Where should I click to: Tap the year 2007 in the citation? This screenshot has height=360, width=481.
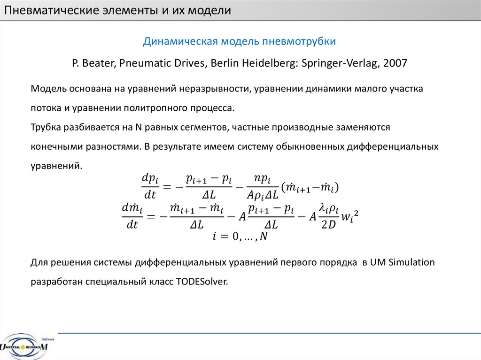pos(395,63)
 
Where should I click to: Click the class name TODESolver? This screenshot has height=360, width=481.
pos(202,282)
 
